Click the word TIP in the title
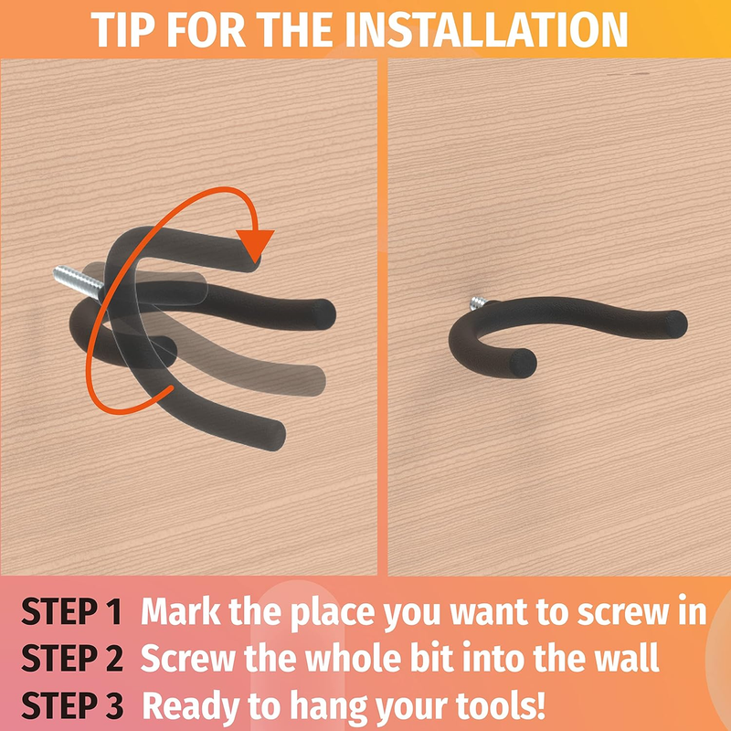122,29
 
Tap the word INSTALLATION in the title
486,29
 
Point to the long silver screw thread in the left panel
78,281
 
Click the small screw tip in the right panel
478,303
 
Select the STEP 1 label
72,610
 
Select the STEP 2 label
72,657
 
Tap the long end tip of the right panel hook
675,324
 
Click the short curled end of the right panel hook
523,363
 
